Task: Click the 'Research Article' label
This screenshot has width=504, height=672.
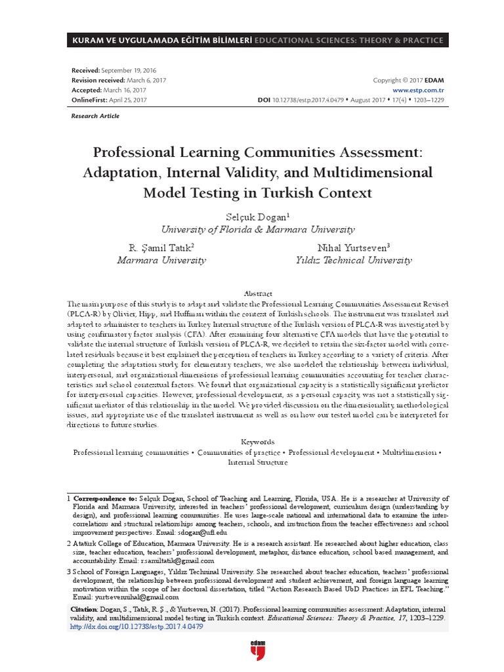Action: tap(94, 115)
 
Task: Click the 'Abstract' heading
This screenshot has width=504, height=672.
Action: tap(257, 293)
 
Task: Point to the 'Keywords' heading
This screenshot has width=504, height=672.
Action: tap(257, 442)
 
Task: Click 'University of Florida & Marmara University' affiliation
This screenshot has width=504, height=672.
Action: tap(258, 229)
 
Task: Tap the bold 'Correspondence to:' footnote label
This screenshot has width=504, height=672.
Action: tap(105, 499)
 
